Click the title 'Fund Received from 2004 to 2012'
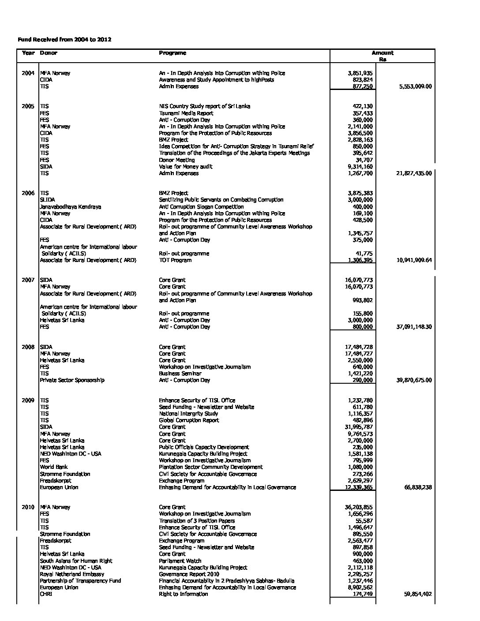coord(64,40)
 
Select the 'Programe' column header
coord(172,53)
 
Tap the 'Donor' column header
coord(49,53)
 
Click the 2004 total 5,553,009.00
coord(415,86)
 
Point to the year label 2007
coord(28,280)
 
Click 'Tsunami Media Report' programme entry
coord(186,113)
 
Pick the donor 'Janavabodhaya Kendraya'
coord(71,207)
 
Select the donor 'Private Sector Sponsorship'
coord(72,380)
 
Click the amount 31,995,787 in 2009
coord(359,427)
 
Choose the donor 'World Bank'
coord(53,467)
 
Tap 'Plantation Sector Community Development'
coord(211,467)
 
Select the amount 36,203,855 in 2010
coord(359,507)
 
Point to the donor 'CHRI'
coord(46,594)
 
